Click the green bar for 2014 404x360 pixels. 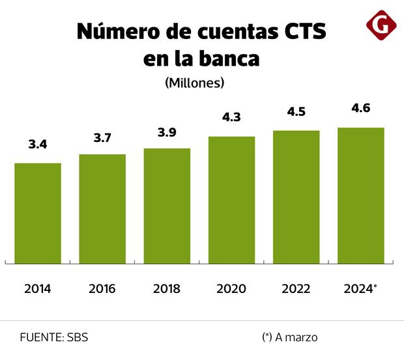coord(38,213)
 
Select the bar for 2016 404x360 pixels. coord(102,208)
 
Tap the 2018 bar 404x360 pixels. coord(167,206)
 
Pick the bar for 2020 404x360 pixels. coord(231,200)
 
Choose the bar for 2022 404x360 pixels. coord(296,197)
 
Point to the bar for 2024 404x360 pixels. coord(360,195)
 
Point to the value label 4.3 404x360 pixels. coord(231,117)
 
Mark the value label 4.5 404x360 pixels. coord(296,111)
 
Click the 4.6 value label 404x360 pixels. coord(360,108)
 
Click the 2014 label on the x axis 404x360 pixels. coord(38,288)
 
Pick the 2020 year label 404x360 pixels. coord(231,288)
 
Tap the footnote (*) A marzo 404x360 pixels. coord(290,337)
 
